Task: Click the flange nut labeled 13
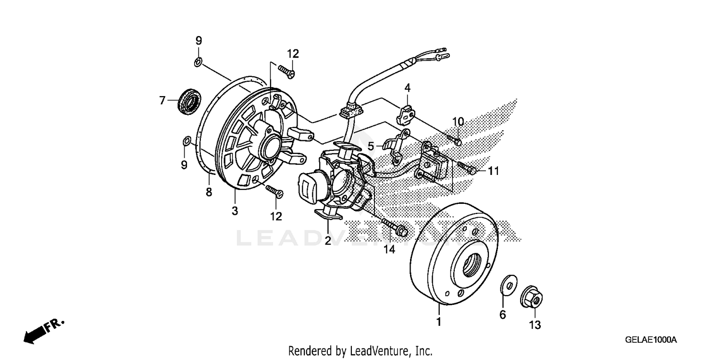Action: click(532, 299)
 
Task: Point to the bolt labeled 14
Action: click(396, 228)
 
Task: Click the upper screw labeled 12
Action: click(286, 73)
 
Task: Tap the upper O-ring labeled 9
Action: click(199, 62)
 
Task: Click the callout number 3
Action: click(235, 211)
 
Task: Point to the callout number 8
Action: click(209, 192)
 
